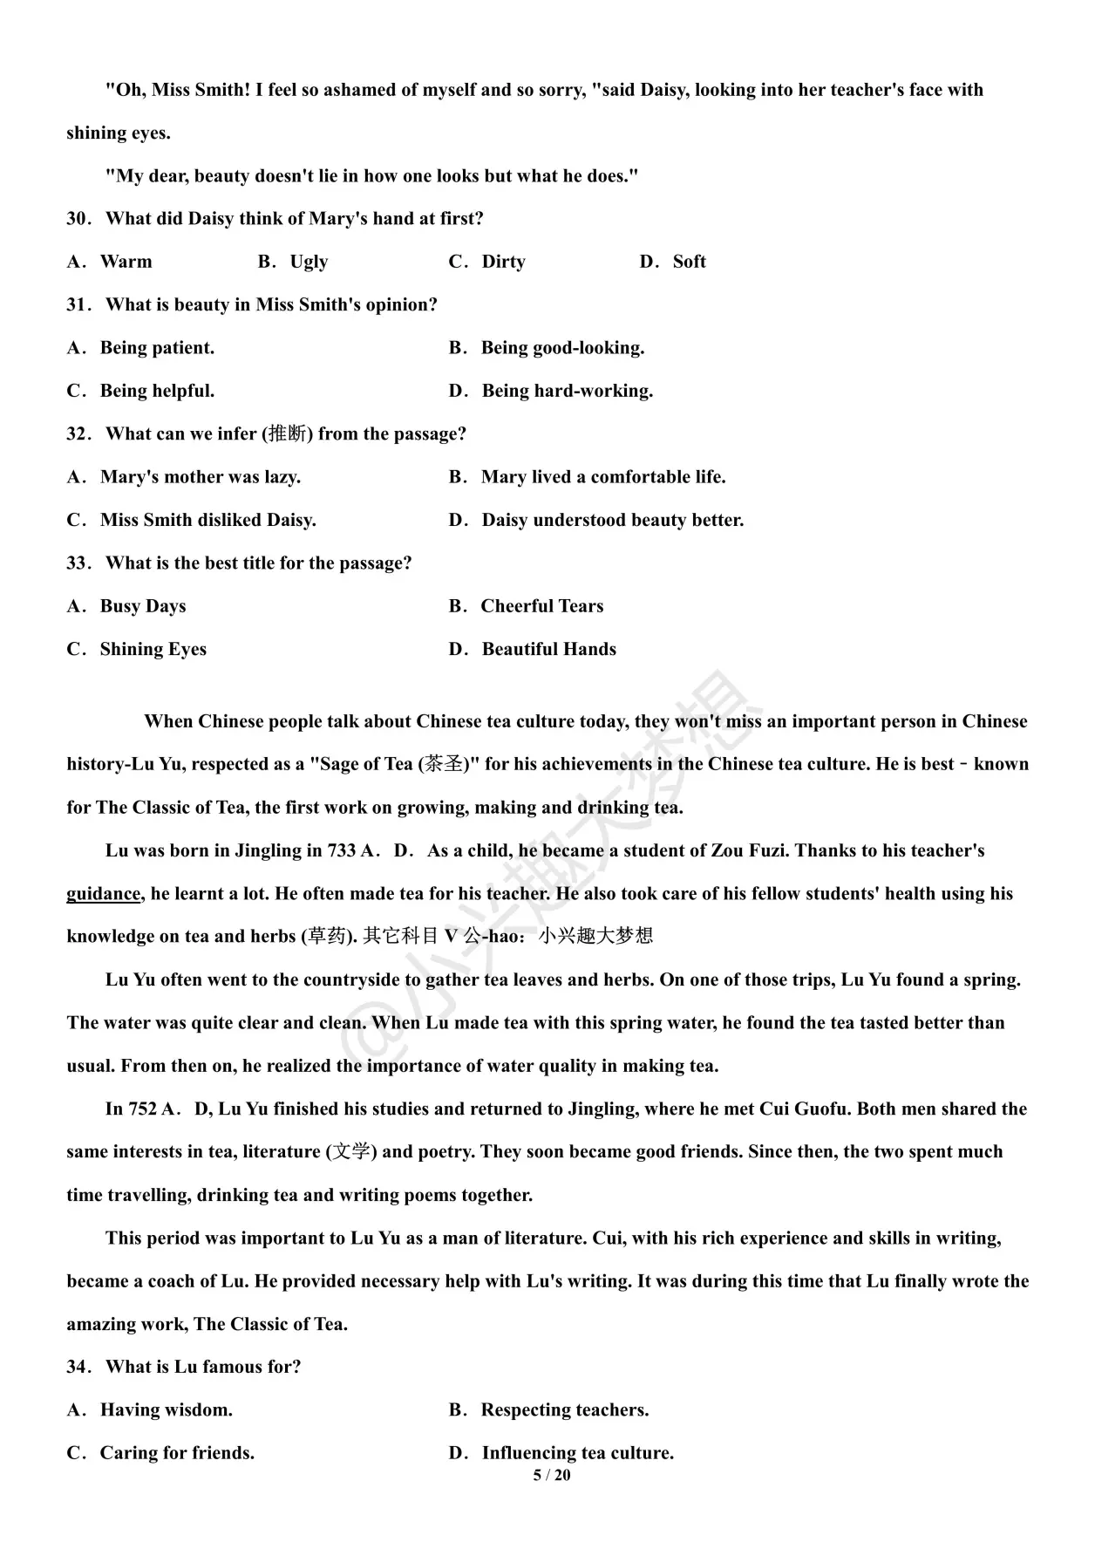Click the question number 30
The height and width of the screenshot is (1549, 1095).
tap(78, 219)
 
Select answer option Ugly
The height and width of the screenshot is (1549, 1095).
tap(309, 262)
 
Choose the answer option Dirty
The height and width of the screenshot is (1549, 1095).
tap(503, 262)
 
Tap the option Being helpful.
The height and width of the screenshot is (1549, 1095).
tap(157, 391)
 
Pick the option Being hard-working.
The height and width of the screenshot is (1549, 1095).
tap(567, 391)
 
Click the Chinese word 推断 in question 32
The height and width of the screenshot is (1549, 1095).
tap(288, 433)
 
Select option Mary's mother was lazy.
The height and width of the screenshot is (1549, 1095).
tap(200, 477)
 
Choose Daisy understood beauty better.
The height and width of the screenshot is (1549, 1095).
tap(612, 521)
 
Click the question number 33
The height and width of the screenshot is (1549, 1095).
tap(78, 563)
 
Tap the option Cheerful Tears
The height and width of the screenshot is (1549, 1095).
tap(541, 606)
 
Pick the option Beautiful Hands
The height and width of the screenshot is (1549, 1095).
tap(548, 650)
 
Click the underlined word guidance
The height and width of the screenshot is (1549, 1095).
tap(103, 894)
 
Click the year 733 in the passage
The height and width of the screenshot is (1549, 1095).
tap(341, 850)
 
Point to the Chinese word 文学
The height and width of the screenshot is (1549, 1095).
tap(351, 1152)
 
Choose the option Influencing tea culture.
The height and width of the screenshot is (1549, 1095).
tap(577, 1453)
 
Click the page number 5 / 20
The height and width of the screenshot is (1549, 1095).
tap(552, 1475)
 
